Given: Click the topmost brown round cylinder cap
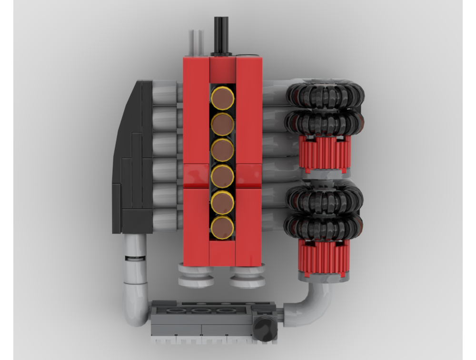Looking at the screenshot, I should coord(222,98).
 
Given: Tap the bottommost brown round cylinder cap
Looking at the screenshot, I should coord(222,228).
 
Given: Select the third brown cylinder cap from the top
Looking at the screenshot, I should coord(222,150).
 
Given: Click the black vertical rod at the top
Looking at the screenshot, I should coord(221,36).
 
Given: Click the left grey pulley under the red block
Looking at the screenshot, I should coord(196,276).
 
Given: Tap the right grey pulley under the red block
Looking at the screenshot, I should coord(247,276).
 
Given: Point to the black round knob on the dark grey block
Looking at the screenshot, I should coord(265,329).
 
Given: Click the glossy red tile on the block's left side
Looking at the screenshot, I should coord(196,175).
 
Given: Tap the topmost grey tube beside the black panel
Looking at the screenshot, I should coord(165,92).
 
